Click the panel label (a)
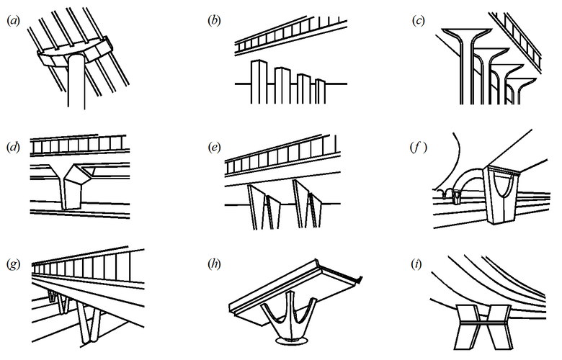click(12, 20)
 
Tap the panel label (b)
click(214, 20)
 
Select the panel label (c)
click(417, 20)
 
